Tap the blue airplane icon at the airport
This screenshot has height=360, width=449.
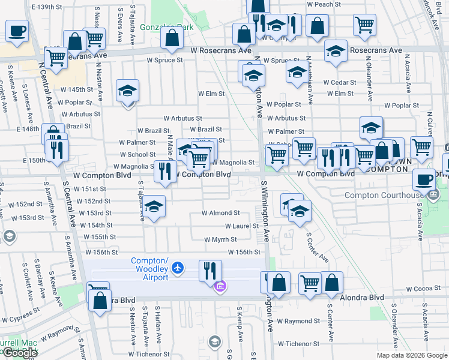pyautogui.click(x=177, y=267)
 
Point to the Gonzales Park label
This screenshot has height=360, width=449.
pyautogui.click(x=158, y=27)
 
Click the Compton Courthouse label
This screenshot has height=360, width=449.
pyautogui.click(x=384, y=195)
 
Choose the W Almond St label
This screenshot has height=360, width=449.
pyautogui.click(x=220, y=213)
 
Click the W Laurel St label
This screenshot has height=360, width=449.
pyautogui.click(x=241, y=226)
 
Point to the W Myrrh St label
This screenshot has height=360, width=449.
pyautogui.click(x=220, y=239)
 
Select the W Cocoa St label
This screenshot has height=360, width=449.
pyautogui.click(x=424, y=289)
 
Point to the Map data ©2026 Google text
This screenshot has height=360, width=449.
pyautogui.click(x=411, y=355)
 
